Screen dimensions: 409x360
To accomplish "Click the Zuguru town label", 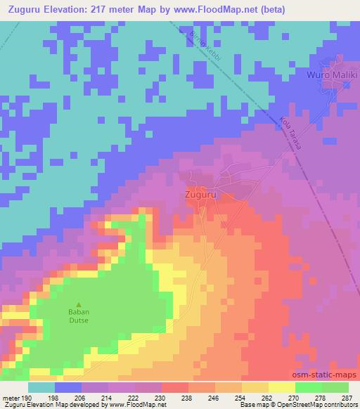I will [x=199, y=193].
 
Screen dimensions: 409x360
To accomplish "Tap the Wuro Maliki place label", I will [x=332, y=74].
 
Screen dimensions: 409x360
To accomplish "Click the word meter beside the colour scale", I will [x=11, y=397].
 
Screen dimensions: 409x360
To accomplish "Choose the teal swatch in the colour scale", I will [x=41, y=387].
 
